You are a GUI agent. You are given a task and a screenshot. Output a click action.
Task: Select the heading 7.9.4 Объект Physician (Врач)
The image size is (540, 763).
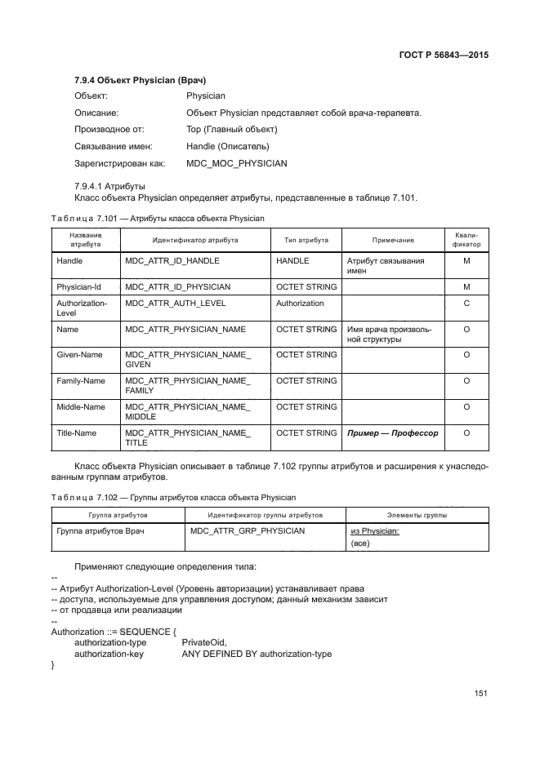(x=140, y=80)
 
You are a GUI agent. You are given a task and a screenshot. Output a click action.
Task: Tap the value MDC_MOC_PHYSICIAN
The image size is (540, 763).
(x=236, y=163)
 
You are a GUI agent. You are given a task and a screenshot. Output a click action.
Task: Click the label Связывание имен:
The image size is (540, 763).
(x=114, y=146)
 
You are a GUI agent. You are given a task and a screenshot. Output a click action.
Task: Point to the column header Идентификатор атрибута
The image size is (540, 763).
(x=195, y=241)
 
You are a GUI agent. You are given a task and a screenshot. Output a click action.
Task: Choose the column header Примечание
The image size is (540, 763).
(x=393, y=241)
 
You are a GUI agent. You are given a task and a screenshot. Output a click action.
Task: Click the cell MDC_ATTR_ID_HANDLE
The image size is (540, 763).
(x=172, y=261)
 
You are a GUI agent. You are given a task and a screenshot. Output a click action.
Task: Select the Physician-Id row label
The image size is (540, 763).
(x=78, y=287)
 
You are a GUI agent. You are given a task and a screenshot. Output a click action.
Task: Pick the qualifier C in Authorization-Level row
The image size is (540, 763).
(x=466, y=304)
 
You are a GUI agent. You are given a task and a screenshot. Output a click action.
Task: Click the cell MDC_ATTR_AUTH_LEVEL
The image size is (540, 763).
(x=176, y=304)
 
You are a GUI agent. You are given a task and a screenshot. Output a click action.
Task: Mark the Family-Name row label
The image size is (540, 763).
(x=81, y=381)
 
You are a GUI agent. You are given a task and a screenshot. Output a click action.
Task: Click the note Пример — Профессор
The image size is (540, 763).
(x=392, y=433)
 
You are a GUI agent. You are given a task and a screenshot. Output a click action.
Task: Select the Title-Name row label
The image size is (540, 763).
(x=78, y=433)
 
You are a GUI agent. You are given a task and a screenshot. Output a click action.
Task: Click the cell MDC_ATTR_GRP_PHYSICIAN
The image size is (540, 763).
(x=248, y=530)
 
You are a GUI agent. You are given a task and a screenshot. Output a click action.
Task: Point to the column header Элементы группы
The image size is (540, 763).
(x=417, y=516)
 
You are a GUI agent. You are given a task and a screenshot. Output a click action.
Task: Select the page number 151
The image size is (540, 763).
(x=480, y=693)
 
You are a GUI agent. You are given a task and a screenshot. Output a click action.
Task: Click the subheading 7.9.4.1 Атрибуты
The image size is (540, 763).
(x=109, y=186)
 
